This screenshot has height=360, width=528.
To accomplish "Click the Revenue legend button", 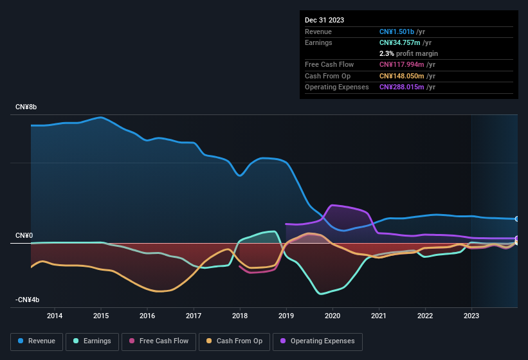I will click(x=37, y=341).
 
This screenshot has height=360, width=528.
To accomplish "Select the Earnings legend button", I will click(x=92, y=341).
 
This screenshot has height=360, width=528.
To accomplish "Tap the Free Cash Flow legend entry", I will click(x=158, y=341).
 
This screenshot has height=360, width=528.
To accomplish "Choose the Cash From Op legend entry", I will click(x=233, y=341).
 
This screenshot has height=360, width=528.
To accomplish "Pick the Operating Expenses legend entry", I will click(x=317, y=341).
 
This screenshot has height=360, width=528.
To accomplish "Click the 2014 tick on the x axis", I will click(x=55, y=316).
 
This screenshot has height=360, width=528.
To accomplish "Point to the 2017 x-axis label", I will click(x=194, y=316).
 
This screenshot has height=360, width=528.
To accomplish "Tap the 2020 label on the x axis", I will click(x=332, y=316).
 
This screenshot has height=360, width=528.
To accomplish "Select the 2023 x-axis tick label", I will click(x=471, y=316).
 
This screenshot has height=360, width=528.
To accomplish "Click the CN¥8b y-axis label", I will click(x=26, y=107).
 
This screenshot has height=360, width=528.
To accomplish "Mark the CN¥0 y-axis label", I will click(x=24, y=235).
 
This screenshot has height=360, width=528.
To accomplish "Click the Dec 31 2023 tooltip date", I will click(x=324, y=20).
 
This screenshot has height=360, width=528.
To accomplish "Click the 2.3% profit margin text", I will click(x=408, y=53).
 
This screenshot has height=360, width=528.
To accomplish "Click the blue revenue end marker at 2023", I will click(x=517, y=219).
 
